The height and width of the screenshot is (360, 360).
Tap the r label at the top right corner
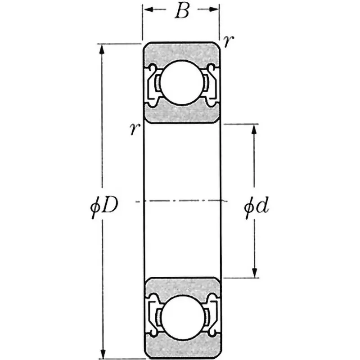coord(229,41)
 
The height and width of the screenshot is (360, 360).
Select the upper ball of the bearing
coord(181,83)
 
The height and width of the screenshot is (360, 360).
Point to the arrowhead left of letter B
coord(148,9)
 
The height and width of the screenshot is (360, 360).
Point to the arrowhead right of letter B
coord(214,9)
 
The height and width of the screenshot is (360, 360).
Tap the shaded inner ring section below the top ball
coord(181,114)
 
